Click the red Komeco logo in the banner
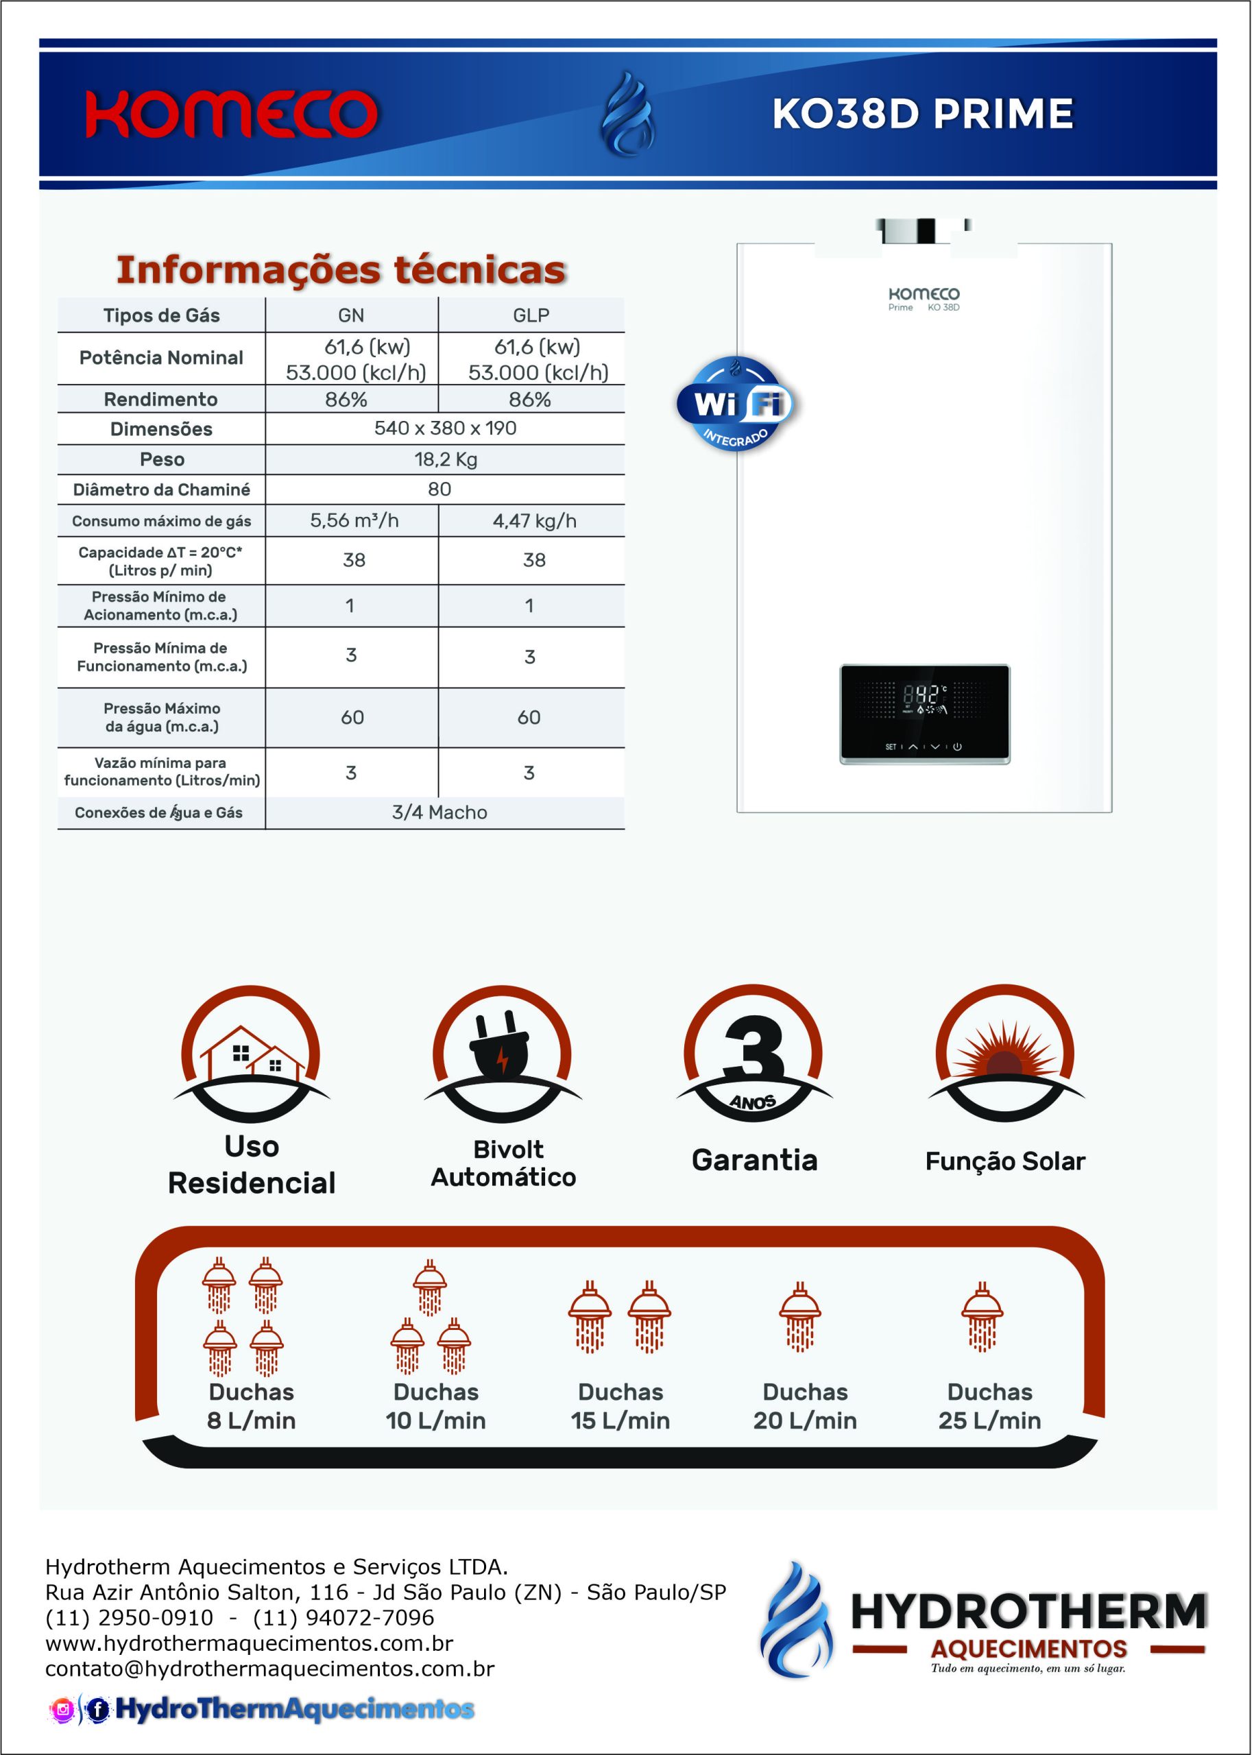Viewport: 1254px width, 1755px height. (x=231, y=114)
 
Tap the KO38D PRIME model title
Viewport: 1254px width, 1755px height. (x=922, y=114)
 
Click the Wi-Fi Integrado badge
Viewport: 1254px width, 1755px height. (x=734, y=404)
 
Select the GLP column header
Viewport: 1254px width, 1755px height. (x=531, y=315)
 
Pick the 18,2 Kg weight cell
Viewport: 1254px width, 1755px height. (x=446, y=459)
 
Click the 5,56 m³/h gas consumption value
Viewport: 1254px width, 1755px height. (x=354, y=521)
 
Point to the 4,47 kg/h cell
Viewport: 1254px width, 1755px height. (x=534, y=521)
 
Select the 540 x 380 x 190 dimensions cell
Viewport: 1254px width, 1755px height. (x=446, y=428)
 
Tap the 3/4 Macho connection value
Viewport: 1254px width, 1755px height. (x=439, y=812)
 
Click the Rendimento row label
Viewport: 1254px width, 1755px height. (x=160, y=399)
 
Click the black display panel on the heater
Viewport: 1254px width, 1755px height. (x=924, y=714)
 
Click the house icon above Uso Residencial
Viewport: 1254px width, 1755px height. (x=252, y=1054)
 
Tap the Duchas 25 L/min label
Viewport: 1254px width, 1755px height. (x=989, y=1406)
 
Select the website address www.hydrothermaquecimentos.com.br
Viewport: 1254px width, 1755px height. (x=249, y=1643)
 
